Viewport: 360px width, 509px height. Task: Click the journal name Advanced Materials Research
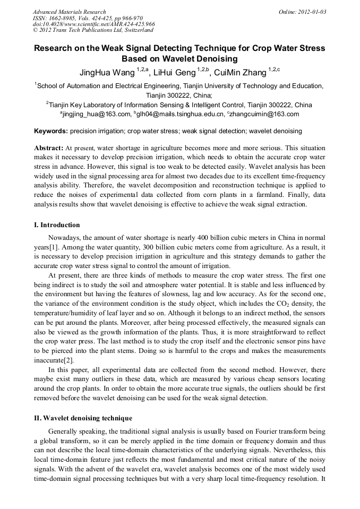69,12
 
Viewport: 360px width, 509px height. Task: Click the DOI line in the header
93,24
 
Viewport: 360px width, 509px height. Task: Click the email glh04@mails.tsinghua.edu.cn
181,114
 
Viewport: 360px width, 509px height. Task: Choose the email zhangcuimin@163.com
265,114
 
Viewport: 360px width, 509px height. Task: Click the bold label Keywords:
51,131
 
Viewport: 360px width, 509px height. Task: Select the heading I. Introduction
57,225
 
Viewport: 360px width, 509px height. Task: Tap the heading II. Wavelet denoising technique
83,418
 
